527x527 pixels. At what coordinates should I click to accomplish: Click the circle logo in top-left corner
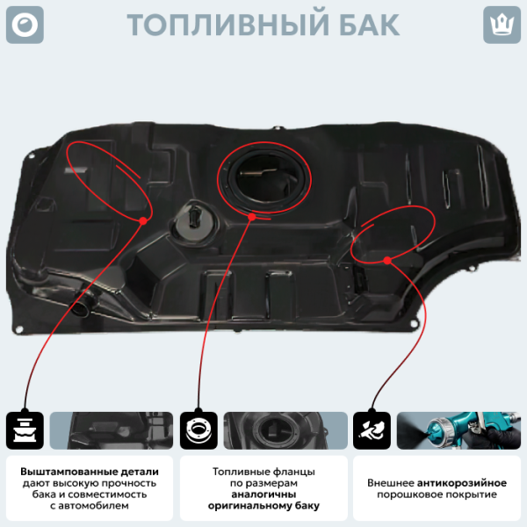25,25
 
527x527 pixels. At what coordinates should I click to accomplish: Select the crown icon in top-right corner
502,25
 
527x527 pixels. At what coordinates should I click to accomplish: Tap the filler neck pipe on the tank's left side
83,304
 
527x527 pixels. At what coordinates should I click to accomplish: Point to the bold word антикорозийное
462,483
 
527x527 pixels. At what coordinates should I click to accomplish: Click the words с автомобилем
89,506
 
